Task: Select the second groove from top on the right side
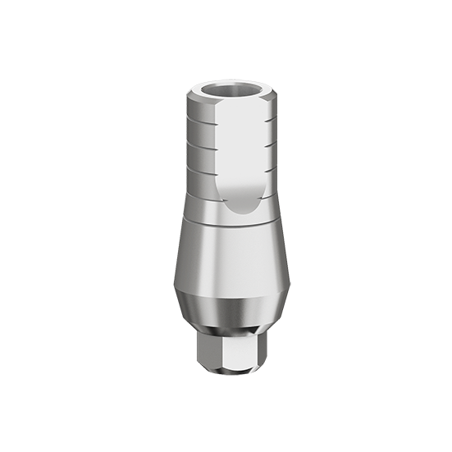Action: click(268, 137)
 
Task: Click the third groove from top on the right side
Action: click(268, 154)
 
